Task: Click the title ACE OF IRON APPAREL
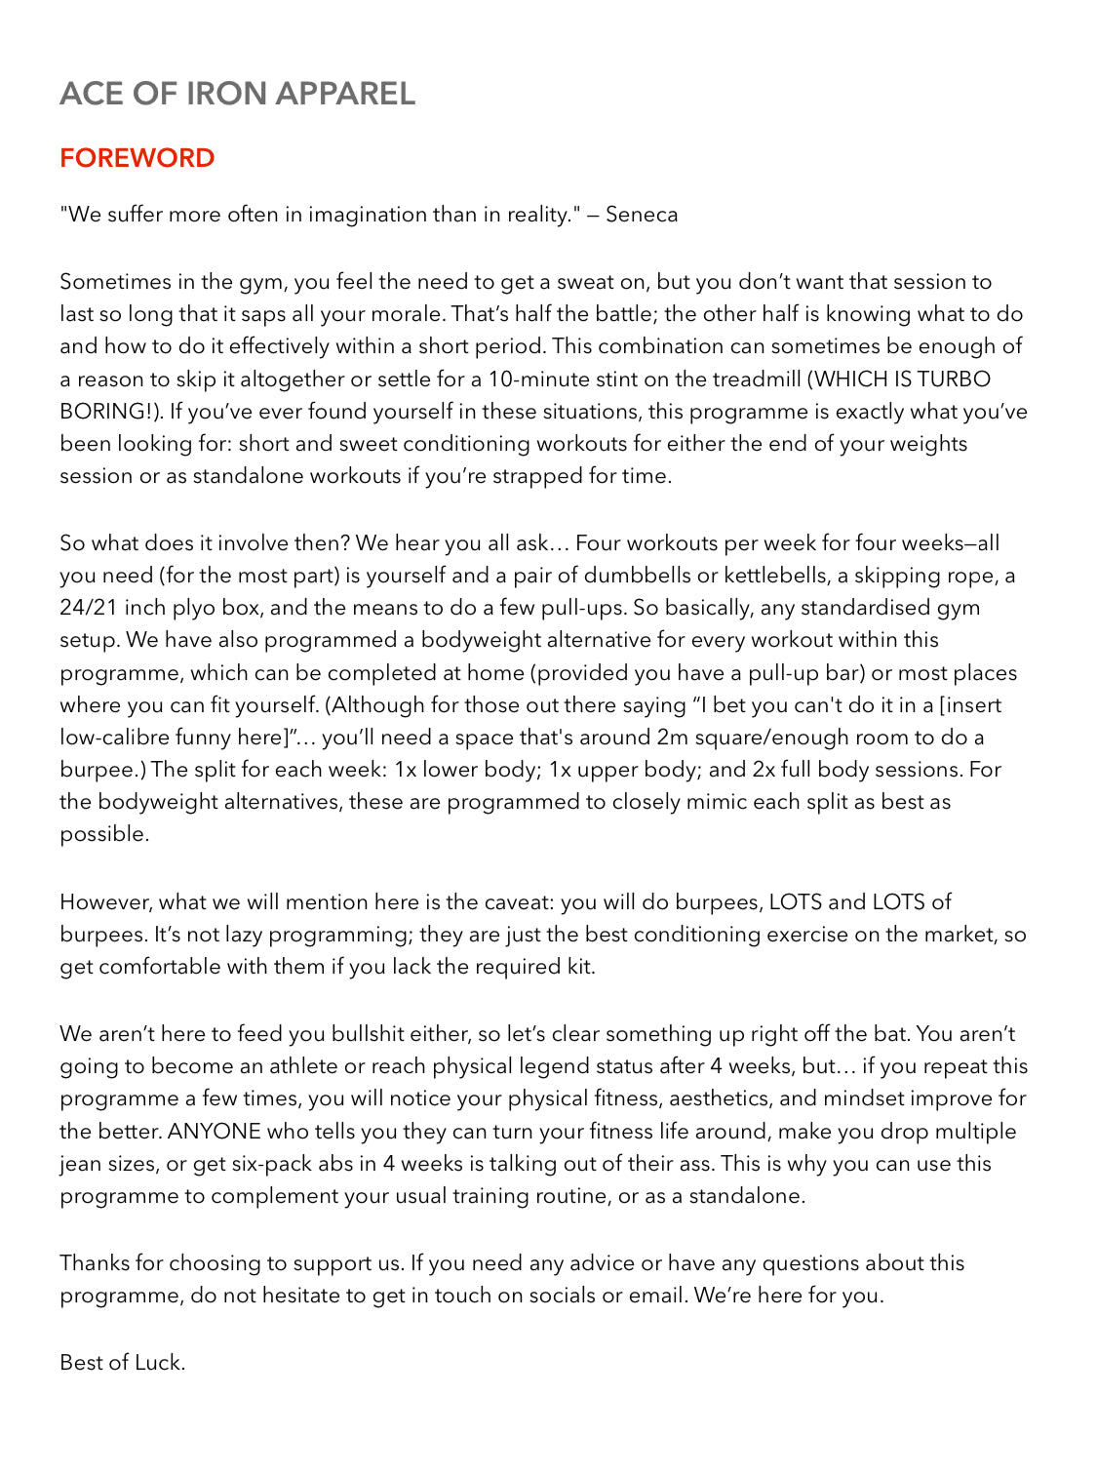[x=237, y=94]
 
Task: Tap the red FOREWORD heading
[x=137, y=158]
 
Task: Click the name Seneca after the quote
[x=642, y=215]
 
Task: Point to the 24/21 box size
[x=89, y=608]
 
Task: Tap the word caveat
[x=536, y=902]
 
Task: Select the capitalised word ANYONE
[x=215, y=1132]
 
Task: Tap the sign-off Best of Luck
[x=122, y=1363]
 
